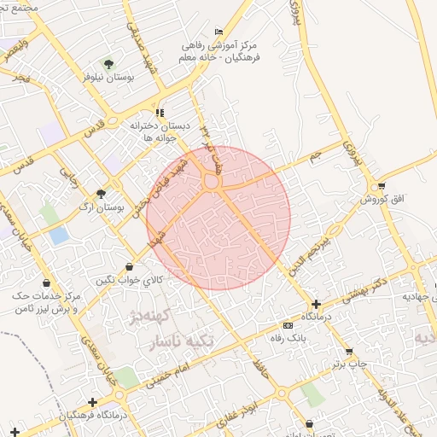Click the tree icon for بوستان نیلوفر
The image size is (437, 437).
tap(108, 63)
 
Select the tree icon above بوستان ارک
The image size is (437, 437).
tap(102, 194)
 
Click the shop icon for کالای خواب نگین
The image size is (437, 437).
tap(129, 267)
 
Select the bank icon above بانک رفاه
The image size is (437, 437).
tap(288, 325)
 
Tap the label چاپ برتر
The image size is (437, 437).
tap(349, 364)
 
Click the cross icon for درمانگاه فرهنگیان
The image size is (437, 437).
tap(92, 402)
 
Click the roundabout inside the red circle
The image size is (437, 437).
tap(211, 181)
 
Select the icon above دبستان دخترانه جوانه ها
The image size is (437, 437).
tap(160, 113)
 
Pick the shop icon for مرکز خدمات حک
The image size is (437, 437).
tap(45, 283)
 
